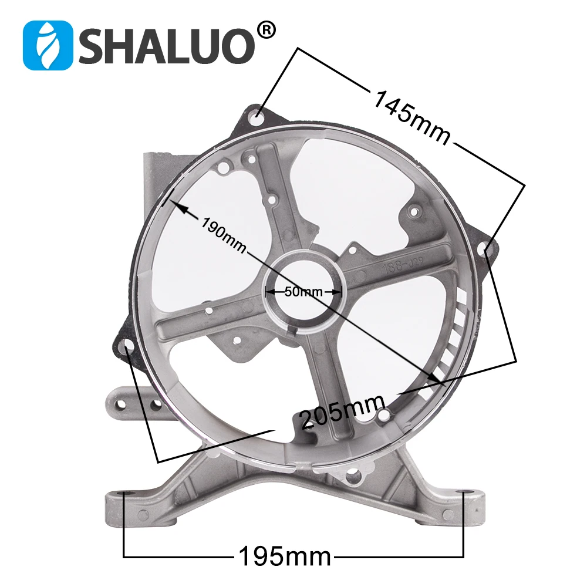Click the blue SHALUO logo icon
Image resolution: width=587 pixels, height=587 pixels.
coord(48,45)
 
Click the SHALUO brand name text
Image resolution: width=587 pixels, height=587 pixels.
coord(167,46)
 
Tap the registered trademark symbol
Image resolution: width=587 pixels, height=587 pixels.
coord(265,31)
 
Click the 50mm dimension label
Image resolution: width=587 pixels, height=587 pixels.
coord(303,291)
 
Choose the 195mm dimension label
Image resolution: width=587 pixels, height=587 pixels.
coord(284,554)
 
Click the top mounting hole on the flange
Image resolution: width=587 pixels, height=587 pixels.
coord(258,117)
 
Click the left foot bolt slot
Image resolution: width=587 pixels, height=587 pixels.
coord(126,494)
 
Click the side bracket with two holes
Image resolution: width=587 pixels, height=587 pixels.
coord(135,404)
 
